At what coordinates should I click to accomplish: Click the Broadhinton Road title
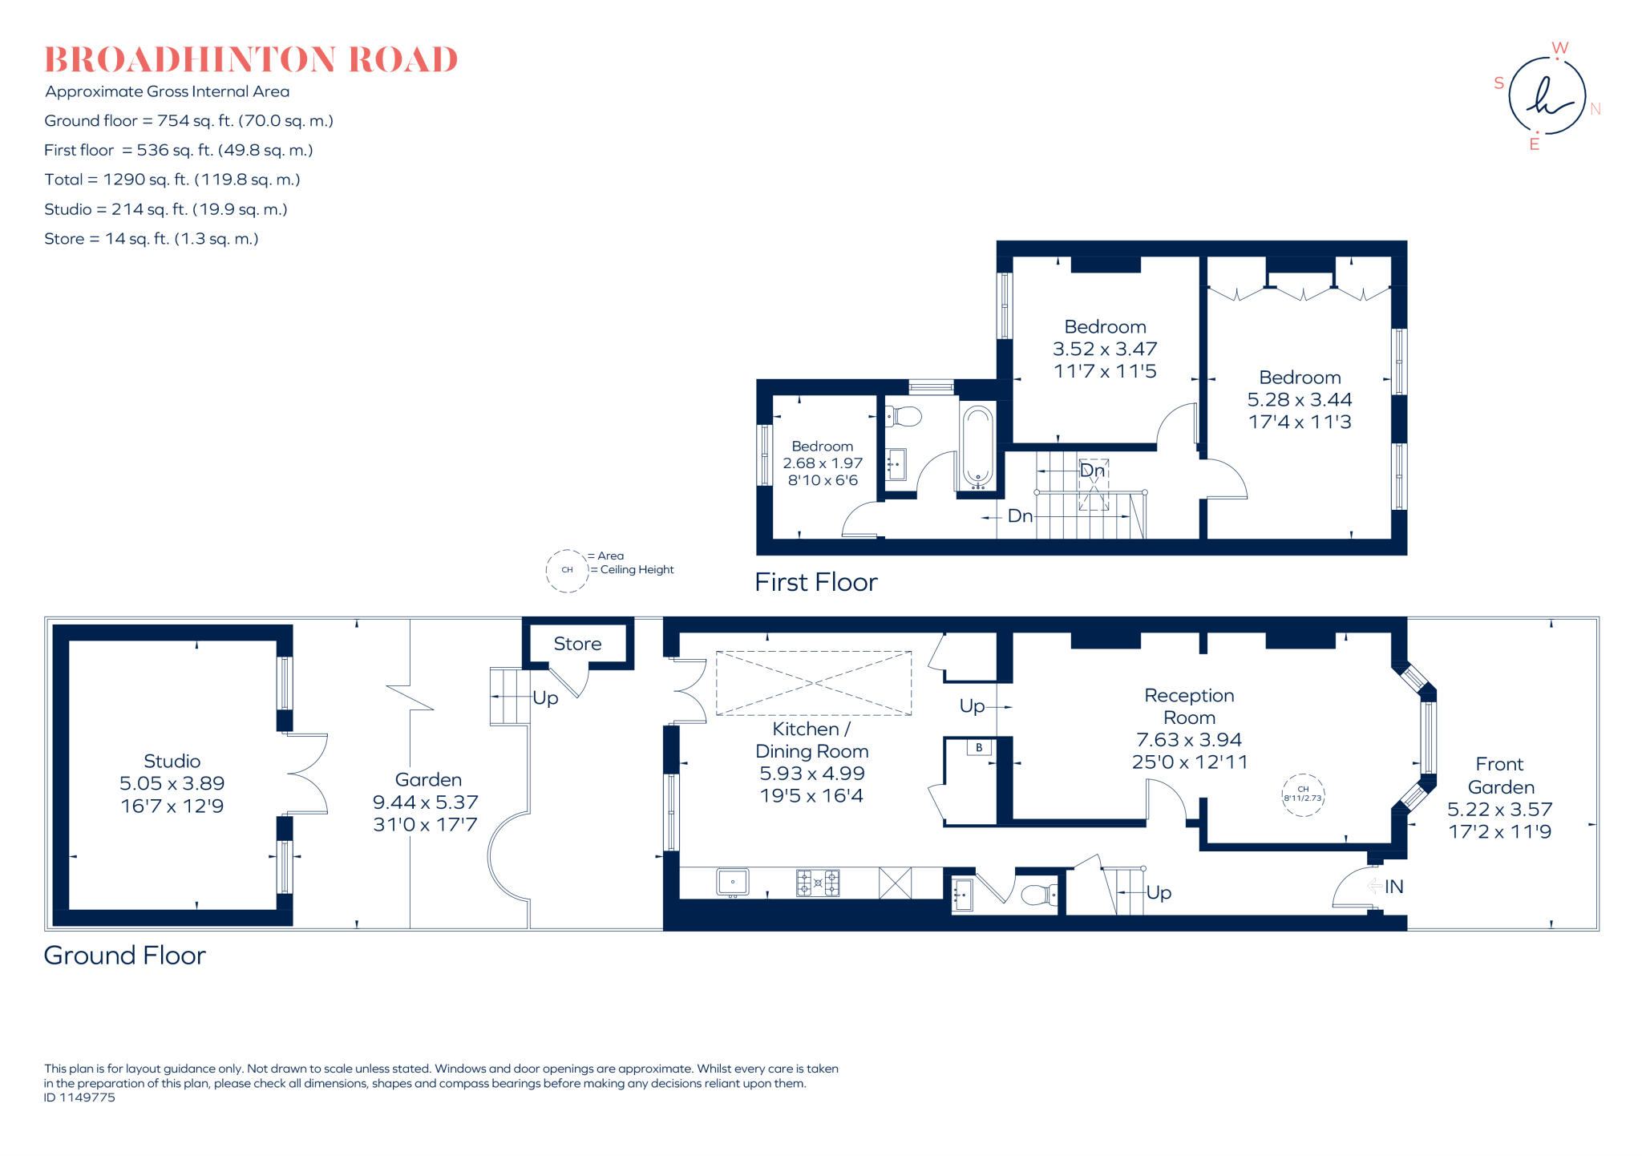250,60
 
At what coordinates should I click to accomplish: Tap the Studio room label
172,761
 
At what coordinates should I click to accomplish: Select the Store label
577,644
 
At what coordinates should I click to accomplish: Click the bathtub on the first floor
977,447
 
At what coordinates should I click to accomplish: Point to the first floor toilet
904,416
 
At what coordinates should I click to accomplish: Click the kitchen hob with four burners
818,883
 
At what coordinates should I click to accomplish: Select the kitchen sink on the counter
732,882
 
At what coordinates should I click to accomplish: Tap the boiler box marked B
979,747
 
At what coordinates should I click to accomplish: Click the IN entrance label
1393,886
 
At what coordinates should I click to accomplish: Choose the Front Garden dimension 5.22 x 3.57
1499,809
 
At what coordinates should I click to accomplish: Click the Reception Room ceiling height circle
1303,794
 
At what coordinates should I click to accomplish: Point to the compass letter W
1559,48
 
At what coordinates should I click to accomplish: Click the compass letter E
1534,144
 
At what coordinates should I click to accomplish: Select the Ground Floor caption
124,955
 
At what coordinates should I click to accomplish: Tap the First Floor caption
815,582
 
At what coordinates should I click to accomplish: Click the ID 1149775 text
79,1097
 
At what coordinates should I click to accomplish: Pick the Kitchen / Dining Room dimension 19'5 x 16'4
811,795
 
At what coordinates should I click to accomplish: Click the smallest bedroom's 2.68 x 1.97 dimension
823,463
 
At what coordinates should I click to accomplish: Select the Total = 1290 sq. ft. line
172,180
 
